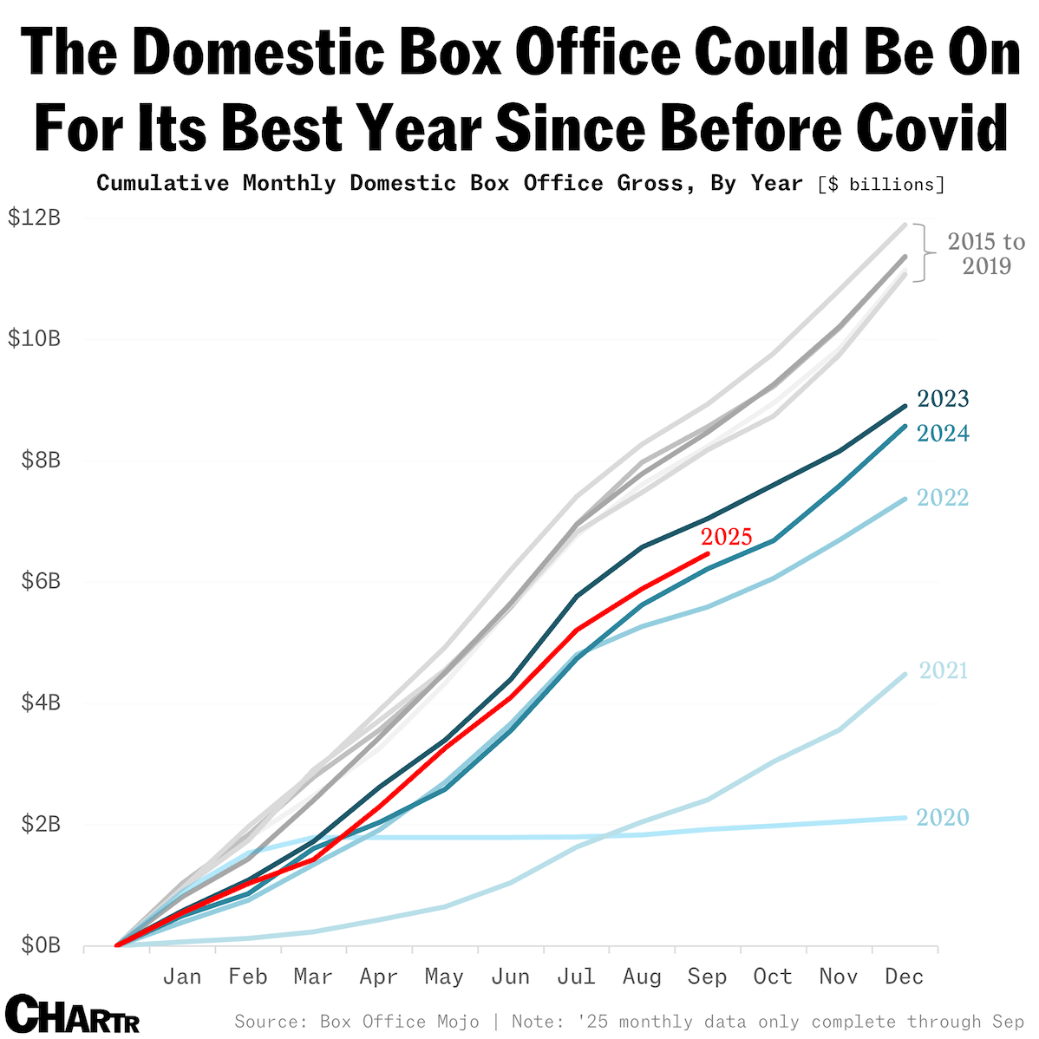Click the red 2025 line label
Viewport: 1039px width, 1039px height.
tap(726, 537)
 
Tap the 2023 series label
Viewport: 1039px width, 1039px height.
tap(943, 399)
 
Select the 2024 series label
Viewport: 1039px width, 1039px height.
tap(943, 433)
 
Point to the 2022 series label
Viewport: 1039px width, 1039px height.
tap(943, 498)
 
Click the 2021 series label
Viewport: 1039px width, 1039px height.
tap(943, 670)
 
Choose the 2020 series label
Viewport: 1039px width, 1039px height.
tap(943, 818)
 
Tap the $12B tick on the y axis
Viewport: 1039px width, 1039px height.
tap(34, 218)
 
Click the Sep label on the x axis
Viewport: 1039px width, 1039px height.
tap(707, 977)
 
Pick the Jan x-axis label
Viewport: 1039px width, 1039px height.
tap(182, 977)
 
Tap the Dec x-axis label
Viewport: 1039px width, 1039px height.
tap(904, 977)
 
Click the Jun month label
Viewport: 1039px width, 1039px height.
tap(510, 977)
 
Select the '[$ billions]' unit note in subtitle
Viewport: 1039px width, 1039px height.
tap(880, 184)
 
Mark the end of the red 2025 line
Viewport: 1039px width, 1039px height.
tap(708, 553)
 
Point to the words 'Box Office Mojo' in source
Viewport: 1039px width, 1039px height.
tap(400, 1022)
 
